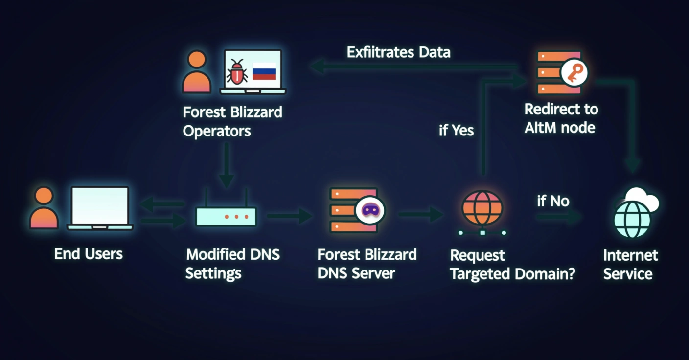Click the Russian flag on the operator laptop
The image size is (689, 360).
(264, 71)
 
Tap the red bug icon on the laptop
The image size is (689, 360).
(237, 72)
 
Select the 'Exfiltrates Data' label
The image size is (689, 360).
(398, 52)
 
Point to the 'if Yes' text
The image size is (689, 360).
(456, 131)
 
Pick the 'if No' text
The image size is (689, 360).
(553, 201)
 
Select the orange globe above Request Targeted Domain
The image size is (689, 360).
(482, 208)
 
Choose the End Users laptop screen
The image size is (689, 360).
(100, 205)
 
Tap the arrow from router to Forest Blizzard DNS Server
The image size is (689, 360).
(289, 215)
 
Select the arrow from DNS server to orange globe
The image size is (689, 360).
(421, 214)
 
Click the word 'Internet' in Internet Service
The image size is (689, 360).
(630, 255)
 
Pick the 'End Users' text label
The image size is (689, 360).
(88, 254)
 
